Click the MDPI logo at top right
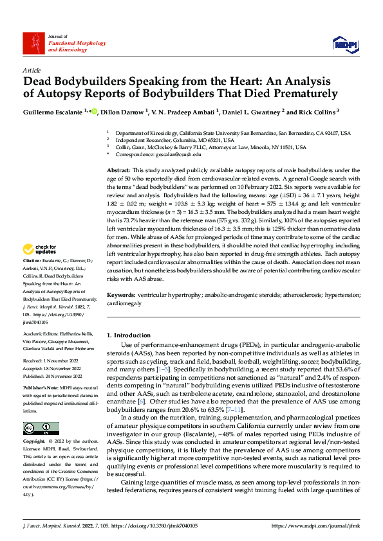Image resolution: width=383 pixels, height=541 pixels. (x=346, y=43)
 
